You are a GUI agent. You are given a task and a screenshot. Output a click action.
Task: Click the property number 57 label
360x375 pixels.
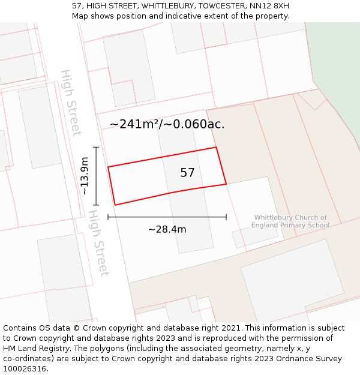187,173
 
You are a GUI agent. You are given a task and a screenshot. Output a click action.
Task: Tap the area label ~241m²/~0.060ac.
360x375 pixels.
167,124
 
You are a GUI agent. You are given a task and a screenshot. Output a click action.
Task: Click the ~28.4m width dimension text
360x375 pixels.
167,229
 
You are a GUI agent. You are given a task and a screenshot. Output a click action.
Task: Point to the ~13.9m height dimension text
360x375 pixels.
85,176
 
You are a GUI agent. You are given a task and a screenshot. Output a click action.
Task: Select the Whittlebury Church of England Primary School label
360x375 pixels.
290,221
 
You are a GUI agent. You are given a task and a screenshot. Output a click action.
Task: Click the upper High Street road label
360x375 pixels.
71,103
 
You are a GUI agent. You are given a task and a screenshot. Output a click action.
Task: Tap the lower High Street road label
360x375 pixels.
98,242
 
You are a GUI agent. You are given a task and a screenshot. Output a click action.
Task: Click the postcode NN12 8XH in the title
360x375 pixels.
269,5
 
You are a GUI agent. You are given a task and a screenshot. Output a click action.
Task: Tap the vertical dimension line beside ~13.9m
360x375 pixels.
96,176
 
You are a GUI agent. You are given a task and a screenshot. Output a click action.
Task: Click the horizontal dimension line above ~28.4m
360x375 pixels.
167,217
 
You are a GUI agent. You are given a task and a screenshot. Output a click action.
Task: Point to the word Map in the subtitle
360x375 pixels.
80,16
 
